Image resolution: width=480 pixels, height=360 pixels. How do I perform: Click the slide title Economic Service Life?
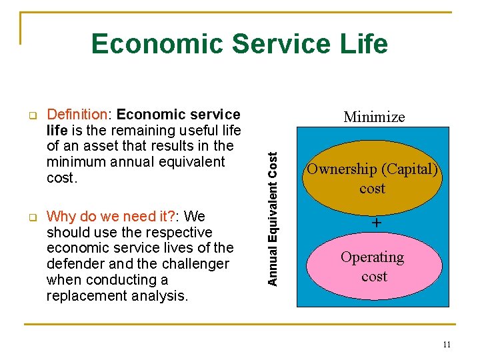coord(239,44)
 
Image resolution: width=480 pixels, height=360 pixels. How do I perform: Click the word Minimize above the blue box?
coord(374,117)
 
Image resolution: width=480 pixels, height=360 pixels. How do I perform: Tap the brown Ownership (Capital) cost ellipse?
coord(372,178)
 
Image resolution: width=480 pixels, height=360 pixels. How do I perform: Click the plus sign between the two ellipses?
coord(377,223)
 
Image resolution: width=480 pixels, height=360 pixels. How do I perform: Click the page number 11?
coord(446,344)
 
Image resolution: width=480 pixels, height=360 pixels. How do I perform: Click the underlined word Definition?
coord(77,115)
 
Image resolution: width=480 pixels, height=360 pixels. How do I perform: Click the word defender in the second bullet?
coord(75,264)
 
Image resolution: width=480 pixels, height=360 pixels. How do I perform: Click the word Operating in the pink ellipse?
coord(372,257)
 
